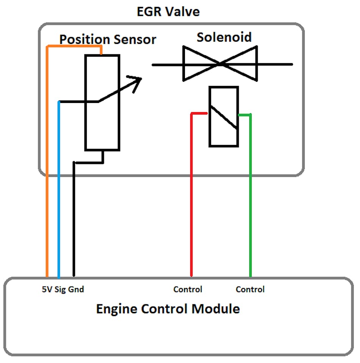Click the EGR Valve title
point(168,11)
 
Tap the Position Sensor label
point(108,39)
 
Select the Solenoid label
point(224,37)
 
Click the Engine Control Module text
point(168,309)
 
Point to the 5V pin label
point(47,290)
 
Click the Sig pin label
point(60,290)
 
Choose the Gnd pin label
point(76,290)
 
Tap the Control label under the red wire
point(188,290)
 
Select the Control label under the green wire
point(250,290)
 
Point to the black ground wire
point(74,227)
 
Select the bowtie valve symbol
point(220,64)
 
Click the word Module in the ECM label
point(216,309)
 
